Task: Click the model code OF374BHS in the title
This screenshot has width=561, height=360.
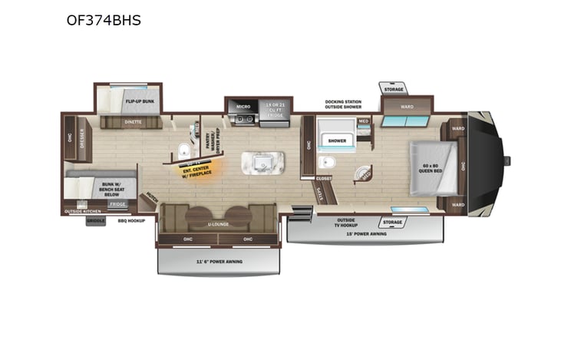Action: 104,20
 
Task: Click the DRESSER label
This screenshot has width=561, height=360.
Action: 81,139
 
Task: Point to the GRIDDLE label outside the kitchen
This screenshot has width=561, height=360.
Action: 95,220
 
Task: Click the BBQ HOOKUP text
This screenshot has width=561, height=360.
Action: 131,220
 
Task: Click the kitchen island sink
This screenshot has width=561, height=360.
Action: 262,162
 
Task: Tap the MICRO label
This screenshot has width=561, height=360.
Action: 243,107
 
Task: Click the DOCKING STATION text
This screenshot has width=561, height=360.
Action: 342,101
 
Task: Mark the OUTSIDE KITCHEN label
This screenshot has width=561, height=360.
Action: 82,211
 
